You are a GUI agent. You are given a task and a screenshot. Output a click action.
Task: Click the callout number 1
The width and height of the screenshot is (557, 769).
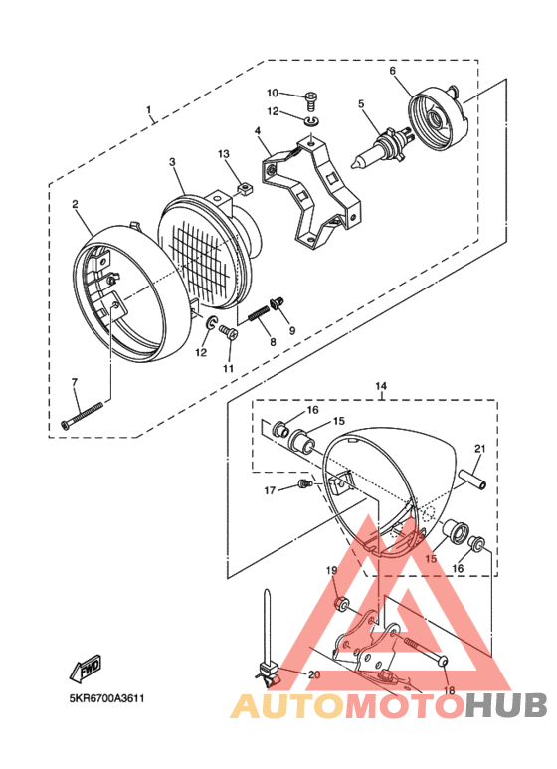[x=149, y=109]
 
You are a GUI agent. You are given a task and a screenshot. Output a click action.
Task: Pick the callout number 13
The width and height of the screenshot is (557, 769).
[x=224, y=154]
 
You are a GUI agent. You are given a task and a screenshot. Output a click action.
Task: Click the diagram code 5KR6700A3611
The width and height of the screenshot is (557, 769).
[x=108, y=698]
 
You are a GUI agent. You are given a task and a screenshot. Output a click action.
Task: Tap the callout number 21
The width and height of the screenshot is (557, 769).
[x=479, y=449]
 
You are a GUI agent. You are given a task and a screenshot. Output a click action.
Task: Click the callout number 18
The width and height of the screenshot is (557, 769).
[x=448, y=690]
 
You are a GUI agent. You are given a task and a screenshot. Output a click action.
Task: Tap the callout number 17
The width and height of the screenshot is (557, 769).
[x=270, y=490]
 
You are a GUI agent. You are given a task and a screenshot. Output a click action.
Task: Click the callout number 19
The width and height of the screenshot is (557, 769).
[x=333, y=570]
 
